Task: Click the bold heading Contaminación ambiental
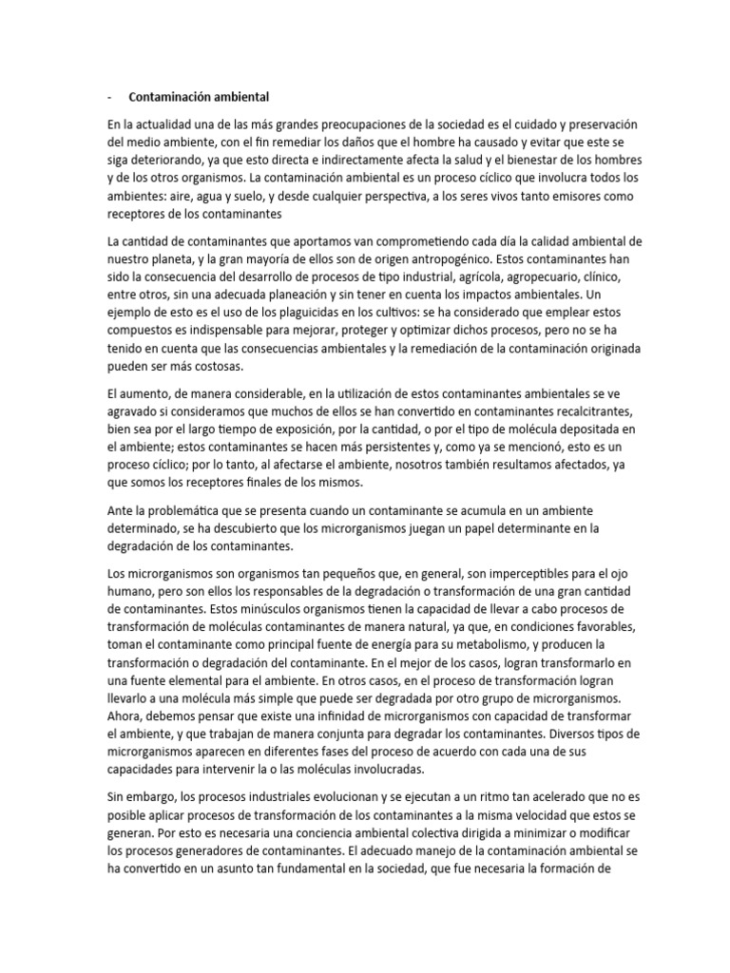199,97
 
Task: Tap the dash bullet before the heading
110,97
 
